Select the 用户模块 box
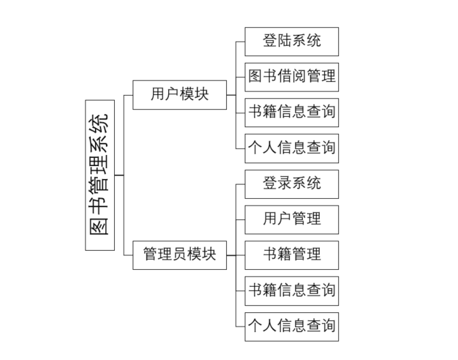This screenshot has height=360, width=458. click(180, 95)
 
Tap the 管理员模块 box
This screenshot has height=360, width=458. click(180, 255)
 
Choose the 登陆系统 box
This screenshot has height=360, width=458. click(292, 41)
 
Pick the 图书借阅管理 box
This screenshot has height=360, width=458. click(292, 77)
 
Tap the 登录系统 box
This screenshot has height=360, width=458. click(292, 183)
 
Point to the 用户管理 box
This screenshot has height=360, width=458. click(292, 219)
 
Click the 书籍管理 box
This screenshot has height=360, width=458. click(292, 255)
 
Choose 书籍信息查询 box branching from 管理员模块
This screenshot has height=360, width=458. click(292, 290)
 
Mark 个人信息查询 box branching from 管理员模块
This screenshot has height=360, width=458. click(292, 326)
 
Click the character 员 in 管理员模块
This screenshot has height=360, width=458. click(180, 255)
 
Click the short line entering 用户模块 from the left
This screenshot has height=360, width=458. click(129, 95)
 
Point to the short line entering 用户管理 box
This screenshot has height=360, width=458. click(241, 219)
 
